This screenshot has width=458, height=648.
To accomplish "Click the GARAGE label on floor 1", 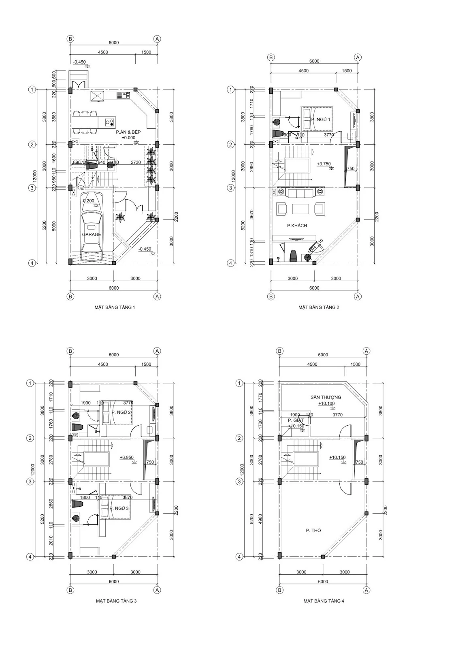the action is [92, 234].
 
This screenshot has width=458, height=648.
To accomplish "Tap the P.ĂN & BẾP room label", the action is [128, 132].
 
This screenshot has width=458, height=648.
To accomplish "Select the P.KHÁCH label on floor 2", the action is [297, 226].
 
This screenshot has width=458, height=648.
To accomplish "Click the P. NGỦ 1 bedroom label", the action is [321, 119].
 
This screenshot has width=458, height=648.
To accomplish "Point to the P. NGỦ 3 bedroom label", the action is [119, 508].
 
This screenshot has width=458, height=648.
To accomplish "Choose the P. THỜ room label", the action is [313, 530].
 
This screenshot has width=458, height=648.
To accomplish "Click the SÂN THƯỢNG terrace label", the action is [326, 397].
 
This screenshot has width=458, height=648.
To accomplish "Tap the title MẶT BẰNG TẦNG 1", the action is [115, 307].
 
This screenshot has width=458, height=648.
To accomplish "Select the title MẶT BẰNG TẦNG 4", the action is [324, 601].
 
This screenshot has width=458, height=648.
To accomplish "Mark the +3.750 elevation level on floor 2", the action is [324, 164].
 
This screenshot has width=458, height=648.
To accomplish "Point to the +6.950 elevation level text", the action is [127, 457].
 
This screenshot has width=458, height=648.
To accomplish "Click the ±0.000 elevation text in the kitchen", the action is [128, 138].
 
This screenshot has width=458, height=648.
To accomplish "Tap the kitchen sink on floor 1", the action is [123, 96].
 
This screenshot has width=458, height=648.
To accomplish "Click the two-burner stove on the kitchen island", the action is [109, 121].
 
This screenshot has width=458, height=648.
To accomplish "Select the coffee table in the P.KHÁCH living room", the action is [300, 209].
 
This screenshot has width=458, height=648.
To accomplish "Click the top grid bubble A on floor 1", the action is [157, 38].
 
